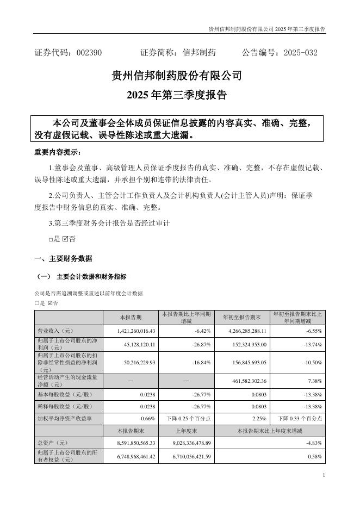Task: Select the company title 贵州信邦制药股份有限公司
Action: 176,76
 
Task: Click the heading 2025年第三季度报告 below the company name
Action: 176,95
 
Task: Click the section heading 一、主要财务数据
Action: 63,258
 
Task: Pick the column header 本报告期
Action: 131,317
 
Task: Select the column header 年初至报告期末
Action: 243,317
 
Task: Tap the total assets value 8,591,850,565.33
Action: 133,443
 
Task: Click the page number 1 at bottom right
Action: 324,475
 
